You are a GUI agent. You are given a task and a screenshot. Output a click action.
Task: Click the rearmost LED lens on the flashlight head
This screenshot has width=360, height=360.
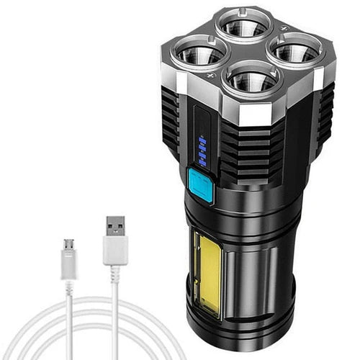point(246,27)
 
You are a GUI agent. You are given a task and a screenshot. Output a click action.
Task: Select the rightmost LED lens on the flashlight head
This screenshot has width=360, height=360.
point(293,53)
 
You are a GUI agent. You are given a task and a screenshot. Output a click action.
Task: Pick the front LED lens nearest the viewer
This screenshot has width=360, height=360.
point(250,80)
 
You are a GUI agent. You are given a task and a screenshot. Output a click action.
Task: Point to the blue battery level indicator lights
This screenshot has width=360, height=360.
point(202,151)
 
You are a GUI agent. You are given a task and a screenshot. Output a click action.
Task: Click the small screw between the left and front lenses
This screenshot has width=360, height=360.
point(212,75)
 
